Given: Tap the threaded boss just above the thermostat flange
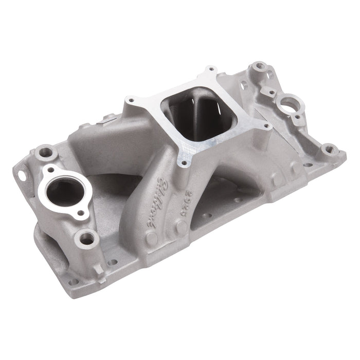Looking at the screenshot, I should pos(47,152).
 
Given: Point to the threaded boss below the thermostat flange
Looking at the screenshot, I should pos(87,238).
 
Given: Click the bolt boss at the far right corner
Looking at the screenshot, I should pos(328,150).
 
